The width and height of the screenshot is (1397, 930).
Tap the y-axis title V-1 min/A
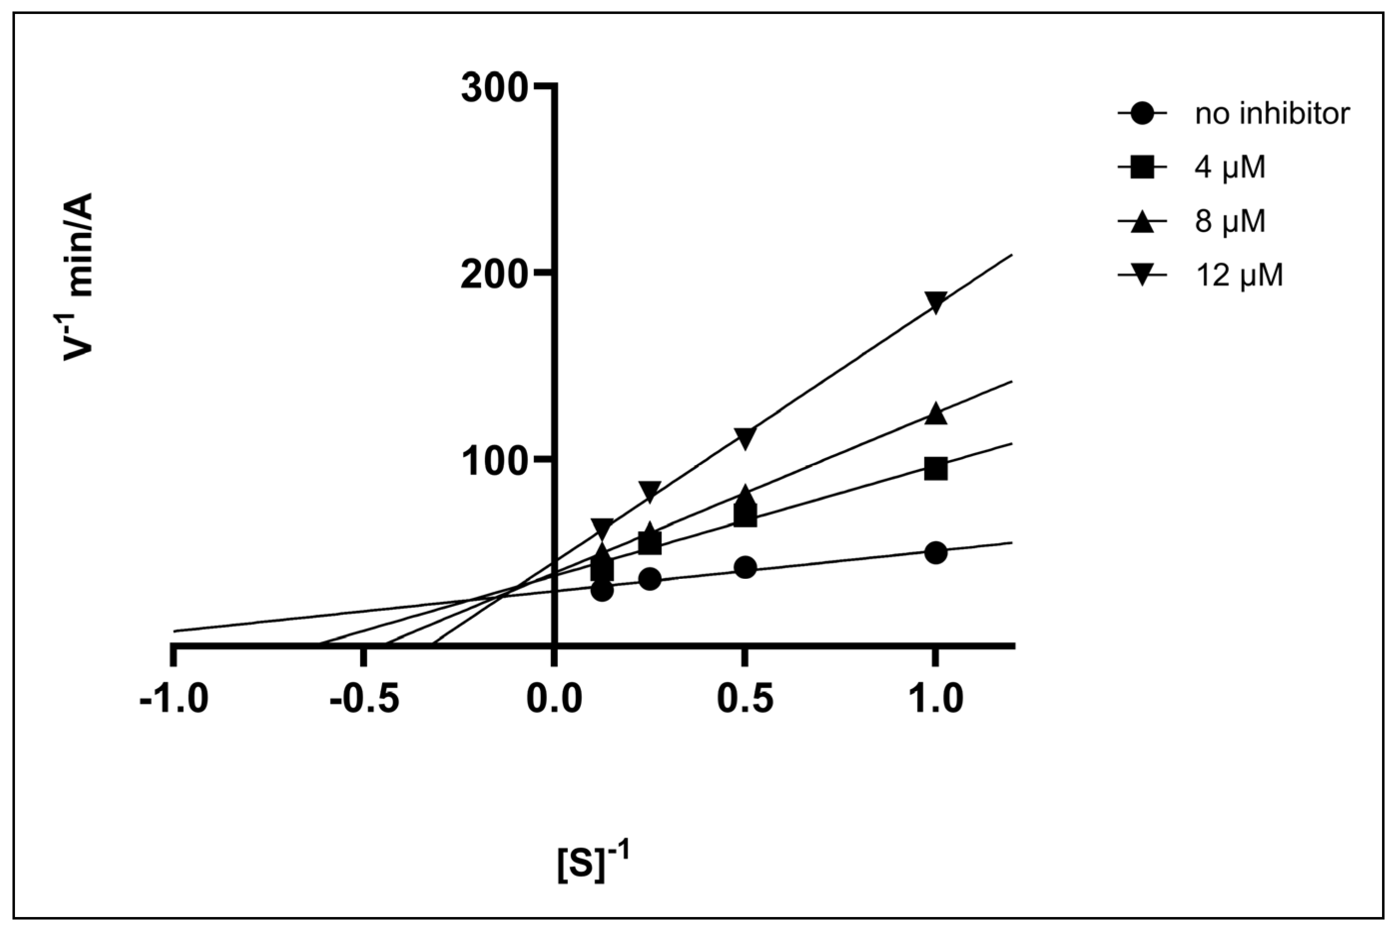tap(79, 276)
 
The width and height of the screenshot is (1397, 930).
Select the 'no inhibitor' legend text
tap(1272, 113)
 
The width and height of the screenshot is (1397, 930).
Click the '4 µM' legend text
tap(1230, 167)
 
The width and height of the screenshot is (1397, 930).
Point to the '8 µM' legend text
tap(1230, 221)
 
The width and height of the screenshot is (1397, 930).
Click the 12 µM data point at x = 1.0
tap(935, 302)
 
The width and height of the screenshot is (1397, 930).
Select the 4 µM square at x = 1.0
tap(935, 469)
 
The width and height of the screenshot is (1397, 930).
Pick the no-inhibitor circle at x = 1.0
tap(935, 553)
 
